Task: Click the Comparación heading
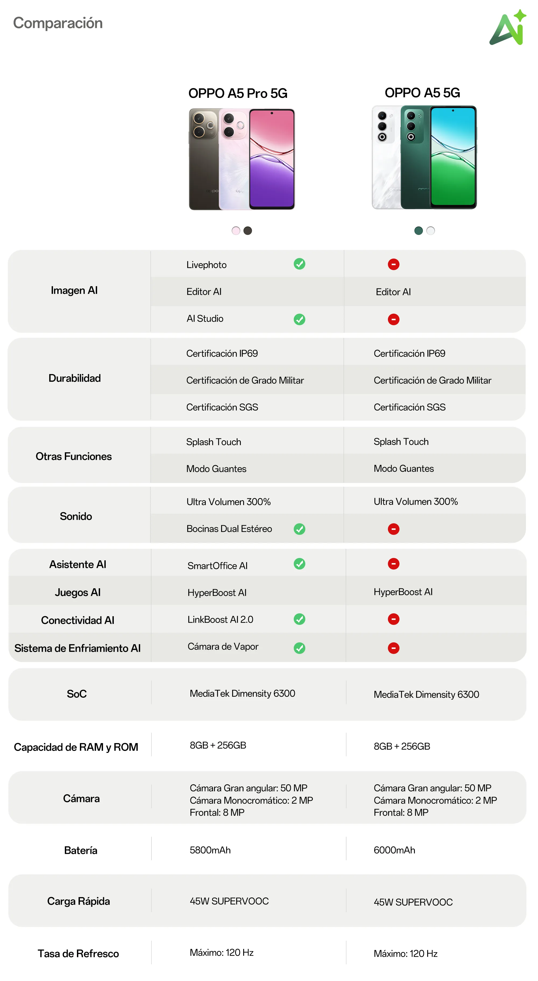[58, 23]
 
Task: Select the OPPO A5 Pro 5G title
[238, 93]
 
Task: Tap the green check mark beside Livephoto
[299, 264]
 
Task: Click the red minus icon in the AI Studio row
[393, 319]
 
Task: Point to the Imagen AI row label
[74, 291]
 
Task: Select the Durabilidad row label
[75, 378]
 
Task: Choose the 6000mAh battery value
[394, 850]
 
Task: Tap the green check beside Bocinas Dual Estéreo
[299, 529]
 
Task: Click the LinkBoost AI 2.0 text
[220, 620]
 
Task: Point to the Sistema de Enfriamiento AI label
[77, 648]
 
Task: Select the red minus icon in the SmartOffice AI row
[393, 564]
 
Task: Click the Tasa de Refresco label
[78, 954]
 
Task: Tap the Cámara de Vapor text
[223, 647]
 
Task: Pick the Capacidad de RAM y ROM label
[76, 747]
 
